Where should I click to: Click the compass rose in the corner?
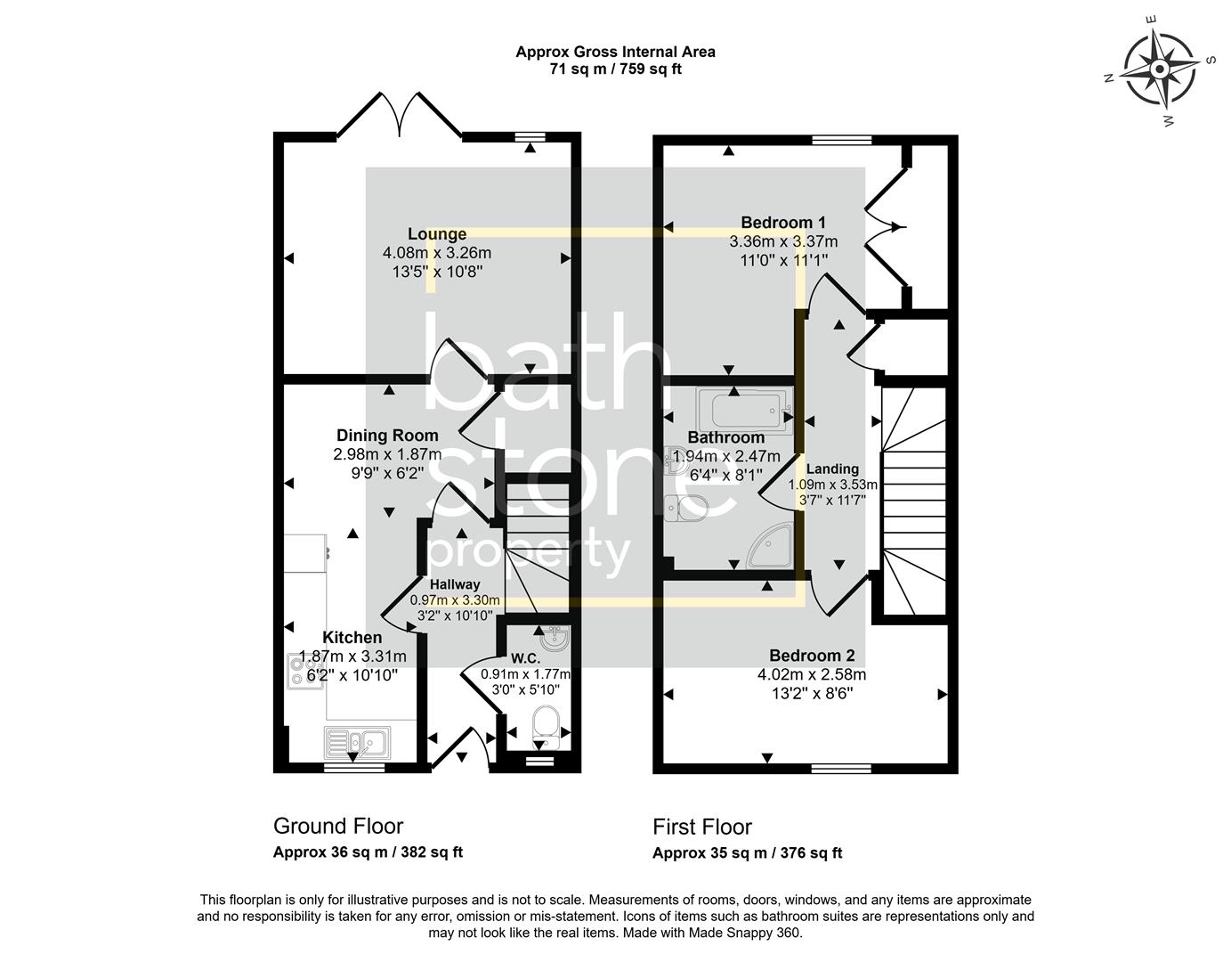click(1159, 69)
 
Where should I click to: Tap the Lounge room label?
click(437, 234)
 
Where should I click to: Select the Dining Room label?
click(387, 436)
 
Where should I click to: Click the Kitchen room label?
click(352, 638)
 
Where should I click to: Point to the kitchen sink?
click(356, 741)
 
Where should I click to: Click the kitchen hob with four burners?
click(296, 670)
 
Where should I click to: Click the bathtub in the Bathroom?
click(746, 410)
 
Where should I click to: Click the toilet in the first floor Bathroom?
click(687, 509)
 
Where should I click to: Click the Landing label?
click(832, 469)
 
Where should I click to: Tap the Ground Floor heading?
click(338, 827)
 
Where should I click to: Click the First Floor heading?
click(702, 827)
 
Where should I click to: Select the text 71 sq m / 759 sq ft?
click(615, 69)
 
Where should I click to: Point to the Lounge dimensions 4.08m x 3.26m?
click(436, 253)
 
